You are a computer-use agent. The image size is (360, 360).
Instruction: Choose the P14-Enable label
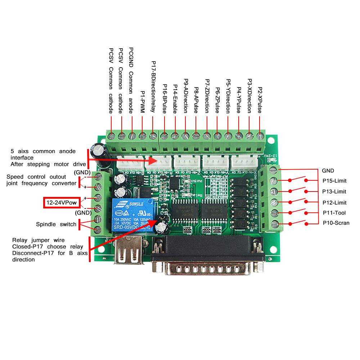(x=175, y=99)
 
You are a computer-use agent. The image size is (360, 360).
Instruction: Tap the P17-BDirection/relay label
(x=153, y=87)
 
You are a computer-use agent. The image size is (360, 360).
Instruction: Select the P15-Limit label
(x=334, y=181)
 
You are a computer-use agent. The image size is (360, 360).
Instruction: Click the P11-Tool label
(x=334, y=212)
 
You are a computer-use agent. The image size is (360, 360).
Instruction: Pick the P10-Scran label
(x=336, y=223)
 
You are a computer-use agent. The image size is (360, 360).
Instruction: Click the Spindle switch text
(x=56, y=224)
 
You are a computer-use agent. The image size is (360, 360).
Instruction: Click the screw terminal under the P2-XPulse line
(x=260, y=136)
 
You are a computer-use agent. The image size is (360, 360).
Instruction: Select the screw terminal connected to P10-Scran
(x=275, y=224)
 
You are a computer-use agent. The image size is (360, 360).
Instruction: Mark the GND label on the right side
(x=328, y=170)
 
